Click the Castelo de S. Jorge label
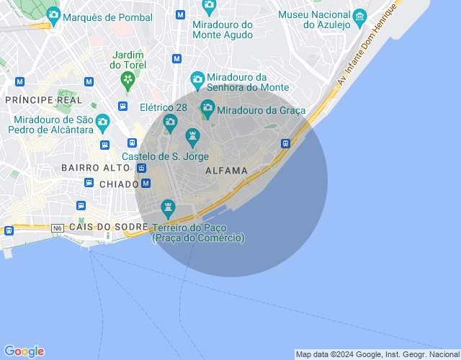tap(165, 156)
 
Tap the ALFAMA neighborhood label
tap(226, 171)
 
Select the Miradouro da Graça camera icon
tap(207, 109)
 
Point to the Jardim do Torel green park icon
tap(128, 79)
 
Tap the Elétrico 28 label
tap(164, 107)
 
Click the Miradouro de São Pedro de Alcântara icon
tap(102, 121)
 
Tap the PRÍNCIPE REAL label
tap(43, 99)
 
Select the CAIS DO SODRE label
tap(108, 227)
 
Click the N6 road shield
tap(58, 228)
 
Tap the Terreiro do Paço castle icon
tap(168, 209)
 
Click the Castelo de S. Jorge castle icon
tap(192, 135)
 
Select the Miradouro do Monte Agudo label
tap(223, 30)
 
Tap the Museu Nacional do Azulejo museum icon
tap(358, 15)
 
